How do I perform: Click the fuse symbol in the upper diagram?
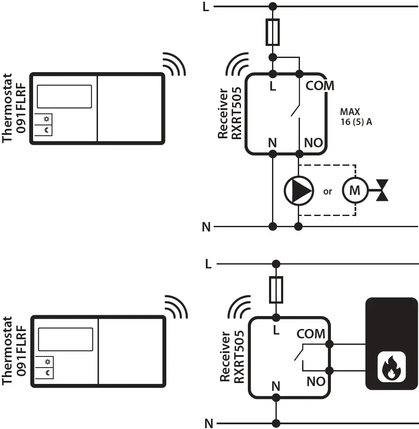272,32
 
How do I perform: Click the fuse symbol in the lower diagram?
276,290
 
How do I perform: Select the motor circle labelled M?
355,190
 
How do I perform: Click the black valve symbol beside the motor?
382,190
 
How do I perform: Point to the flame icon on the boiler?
391,367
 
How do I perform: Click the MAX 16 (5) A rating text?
356,117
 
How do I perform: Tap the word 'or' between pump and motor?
327,192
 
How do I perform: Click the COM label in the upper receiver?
319,86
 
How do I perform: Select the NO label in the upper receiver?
313,143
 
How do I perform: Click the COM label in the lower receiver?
311,334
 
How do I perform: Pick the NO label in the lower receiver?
316,381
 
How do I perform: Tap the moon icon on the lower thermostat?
47,373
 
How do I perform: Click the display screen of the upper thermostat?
64,96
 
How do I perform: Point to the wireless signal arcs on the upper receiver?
238,64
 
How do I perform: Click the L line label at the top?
206,7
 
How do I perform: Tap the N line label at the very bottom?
209,424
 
